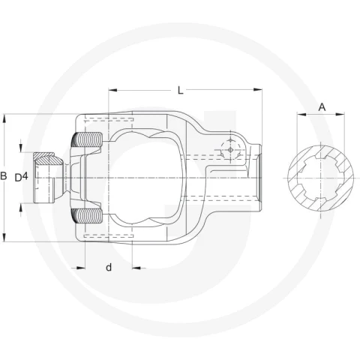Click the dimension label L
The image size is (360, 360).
(x=180, y=90)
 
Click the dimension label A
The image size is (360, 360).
(x=322, y=107)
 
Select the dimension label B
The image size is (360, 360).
(x=4, y=176)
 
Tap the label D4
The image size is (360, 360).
(x=21, y=178)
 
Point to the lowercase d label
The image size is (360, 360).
(x=109, y=268)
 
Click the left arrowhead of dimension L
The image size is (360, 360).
(x=112, y=90)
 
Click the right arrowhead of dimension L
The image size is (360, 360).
(x=258, y=90)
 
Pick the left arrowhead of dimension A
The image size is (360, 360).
(x=301, y=115)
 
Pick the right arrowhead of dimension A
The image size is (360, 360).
(x=340, y=115)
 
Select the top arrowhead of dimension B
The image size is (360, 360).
(x=4, y=118)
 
